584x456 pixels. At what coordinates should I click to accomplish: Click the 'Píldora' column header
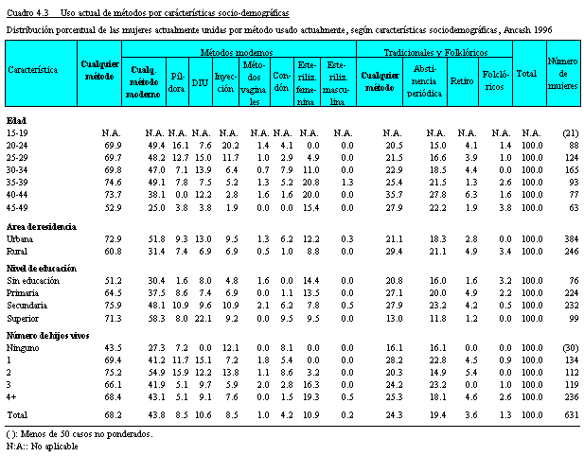[x=177, y=82]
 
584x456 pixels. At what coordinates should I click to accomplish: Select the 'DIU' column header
[x=201, y=82]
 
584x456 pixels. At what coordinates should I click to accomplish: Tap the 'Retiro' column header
[x=462, y=80]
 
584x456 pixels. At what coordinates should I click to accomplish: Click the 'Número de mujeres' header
[x=563, y=74]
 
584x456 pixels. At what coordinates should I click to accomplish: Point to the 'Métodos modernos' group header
[x=237, y=52]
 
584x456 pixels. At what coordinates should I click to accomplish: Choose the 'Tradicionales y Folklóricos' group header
[x=435, y=52]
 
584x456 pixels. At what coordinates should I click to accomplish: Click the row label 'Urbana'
[x=20, y=239]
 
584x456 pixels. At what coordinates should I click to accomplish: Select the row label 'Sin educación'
[x=33, y=281]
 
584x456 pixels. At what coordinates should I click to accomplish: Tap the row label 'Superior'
[x=23, y=319]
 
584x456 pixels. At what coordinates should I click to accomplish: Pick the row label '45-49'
[x=17, y=208]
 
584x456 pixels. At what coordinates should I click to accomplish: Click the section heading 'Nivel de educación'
[x=42, y=269]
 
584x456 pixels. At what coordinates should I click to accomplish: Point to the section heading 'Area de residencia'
[x=42, y=227]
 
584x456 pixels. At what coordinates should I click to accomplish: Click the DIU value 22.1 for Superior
[x=203, y=319]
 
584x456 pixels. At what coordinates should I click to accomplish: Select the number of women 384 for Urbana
[x=572, y=239]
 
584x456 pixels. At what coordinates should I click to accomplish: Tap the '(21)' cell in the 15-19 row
[x=571, y=133]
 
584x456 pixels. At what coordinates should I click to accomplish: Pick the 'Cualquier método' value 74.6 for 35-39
[x=113, y=183]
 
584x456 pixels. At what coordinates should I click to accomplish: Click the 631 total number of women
[x=572, y=414]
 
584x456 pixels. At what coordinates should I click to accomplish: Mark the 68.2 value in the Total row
[x=113, y=414]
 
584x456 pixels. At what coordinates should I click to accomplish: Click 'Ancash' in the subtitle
[x=517, y=29]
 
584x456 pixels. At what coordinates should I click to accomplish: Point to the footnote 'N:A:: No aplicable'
[x=42, y=446]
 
